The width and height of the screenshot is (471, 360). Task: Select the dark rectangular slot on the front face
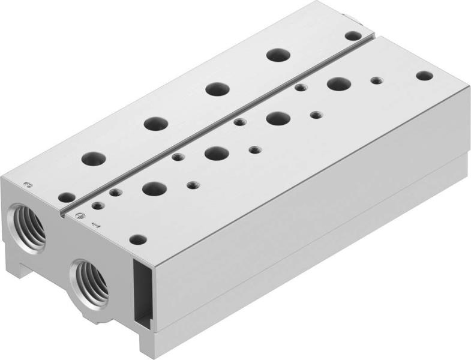tap(139, 293)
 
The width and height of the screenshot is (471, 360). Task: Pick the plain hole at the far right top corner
tap(424, 76)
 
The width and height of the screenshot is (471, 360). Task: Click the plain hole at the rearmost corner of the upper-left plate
tap(353, 36)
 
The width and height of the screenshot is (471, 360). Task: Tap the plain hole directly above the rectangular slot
tap(138, 239)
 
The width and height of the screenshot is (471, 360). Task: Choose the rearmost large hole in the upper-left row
tap(278, 55)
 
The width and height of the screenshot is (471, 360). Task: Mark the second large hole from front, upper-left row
tap(155, 124)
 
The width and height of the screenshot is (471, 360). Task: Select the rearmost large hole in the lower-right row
tap(338, 83)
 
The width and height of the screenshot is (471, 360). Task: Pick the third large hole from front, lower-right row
tap(277, 118)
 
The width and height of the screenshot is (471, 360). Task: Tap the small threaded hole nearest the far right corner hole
tap(376, 80)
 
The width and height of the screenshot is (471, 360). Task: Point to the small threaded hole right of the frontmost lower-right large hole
tap(193, 185)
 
